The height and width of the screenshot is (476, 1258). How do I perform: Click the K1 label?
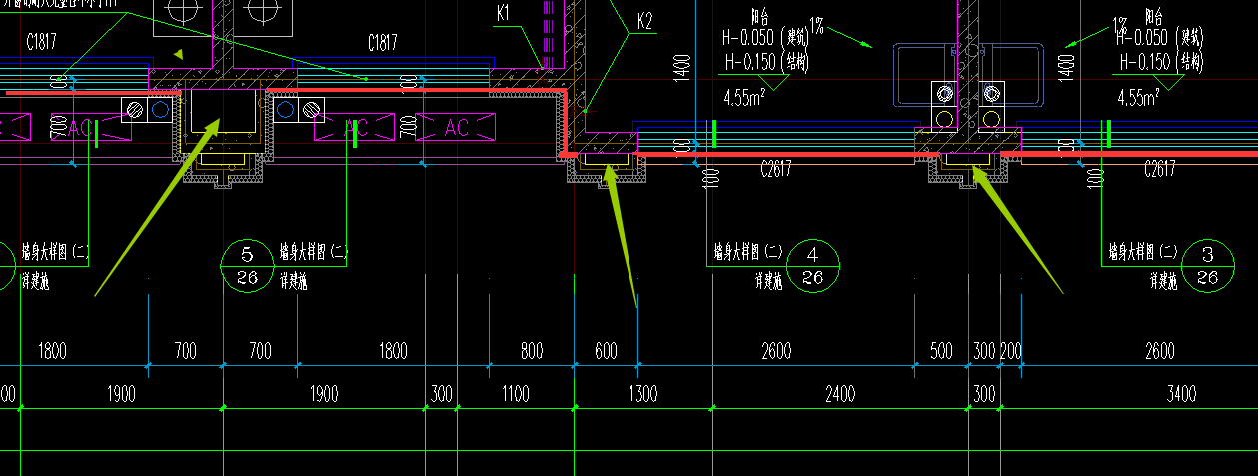click(503, 13)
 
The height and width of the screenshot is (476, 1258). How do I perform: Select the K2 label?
click(644, 21)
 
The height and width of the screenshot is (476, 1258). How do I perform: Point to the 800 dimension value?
click(532, 351)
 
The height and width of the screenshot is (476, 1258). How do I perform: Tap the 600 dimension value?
click(606, 351)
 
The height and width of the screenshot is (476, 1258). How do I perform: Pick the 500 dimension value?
click(941, 351)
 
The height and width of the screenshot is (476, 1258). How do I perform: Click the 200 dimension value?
click(1010, 351)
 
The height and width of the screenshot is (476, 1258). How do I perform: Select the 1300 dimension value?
click(642, 394)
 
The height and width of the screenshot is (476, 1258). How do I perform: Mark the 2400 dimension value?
click(840, 394)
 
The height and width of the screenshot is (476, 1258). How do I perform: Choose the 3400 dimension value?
click(1181, 394)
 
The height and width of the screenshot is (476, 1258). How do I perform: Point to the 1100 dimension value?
click(516, 394)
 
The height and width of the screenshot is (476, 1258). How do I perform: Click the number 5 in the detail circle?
click(248, 253)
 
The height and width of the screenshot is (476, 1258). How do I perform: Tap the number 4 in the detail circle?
click(813, 253)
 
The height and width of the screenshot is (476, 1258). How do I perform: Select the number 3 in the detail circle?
click(1207, 253)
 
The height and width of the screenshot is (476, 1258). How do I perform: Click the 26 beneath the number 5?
click(248, 277)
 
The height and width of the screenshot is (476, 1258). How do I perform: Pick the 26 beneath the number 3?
click(1207, 277)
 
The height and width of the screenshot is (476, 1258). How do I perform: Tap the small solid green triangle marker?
click(179, 54)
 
